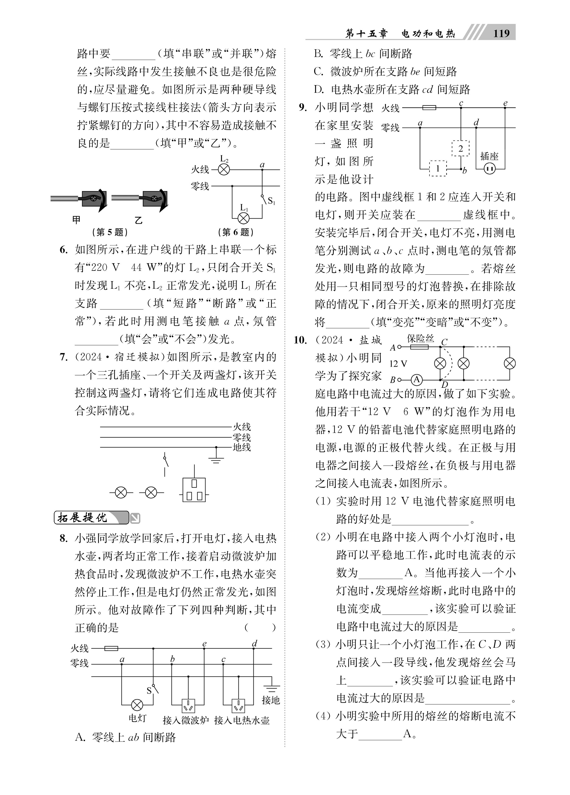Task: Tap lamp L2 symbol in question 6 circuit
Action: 224,170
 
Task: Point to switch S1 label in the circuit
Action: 271,201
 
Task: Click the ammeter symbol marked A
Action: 416,380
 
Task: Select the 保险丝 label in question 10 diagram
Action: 420,339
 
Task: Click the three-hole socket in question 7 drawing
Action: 194,490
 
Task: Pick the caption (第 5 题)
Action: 110,232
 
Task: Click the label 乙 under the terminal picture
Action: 139,220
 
